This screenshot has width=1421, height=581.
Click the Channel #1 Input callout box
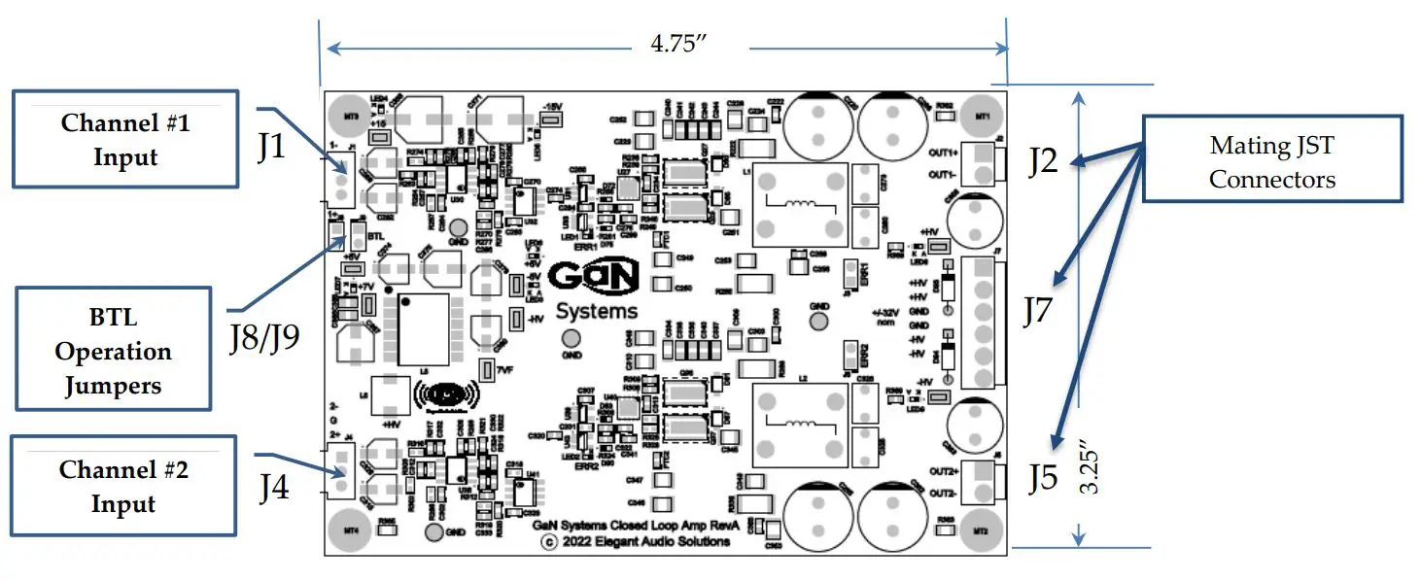click(124, 139)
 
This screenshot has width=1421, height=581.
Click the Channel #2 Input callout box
click(123, 486)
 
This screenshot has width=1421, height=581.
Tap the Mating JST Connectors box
click(1271, 160)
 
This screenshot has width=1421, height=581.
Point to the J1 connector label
click(272, 149)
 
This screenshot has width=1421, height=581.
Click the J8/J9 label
click(264, 337)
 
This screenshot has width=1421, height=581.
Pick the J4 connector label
click(273, 488)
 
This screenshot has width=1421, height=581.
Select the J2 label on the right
click(1043, 161)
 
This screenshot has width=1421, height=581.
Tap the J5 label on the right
click(1043, 478)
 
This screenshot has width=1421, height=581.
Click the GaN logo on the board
click(593, 276)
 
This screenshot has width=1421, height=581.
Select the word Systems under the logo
click(597, 311)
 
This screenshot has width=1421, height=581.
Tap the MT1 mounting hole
click(982, 115)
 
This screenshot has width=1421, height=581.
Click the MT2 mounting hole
click(982, 531)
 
